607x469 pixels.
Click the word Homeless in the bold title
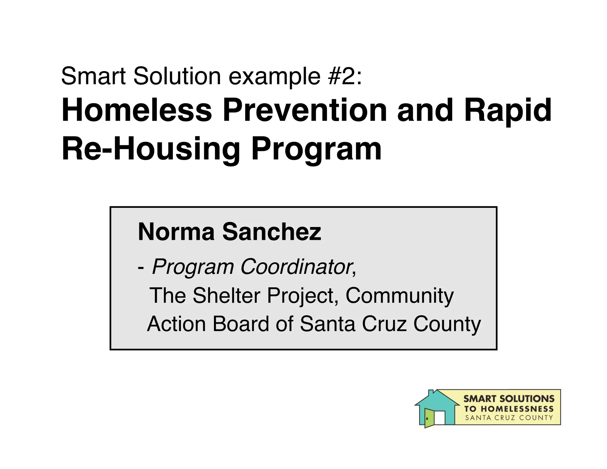coord(137,110)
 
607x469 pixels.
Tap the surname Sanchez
coord(271,232)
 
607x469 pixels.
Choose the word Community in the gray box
coord(400,296)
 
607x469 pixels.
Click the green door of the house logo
coord(429,418)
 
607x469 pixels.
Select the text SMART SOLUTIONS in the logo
coord(509,399)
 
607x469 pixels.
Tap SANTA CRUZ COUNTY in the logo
coord(509,418)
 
